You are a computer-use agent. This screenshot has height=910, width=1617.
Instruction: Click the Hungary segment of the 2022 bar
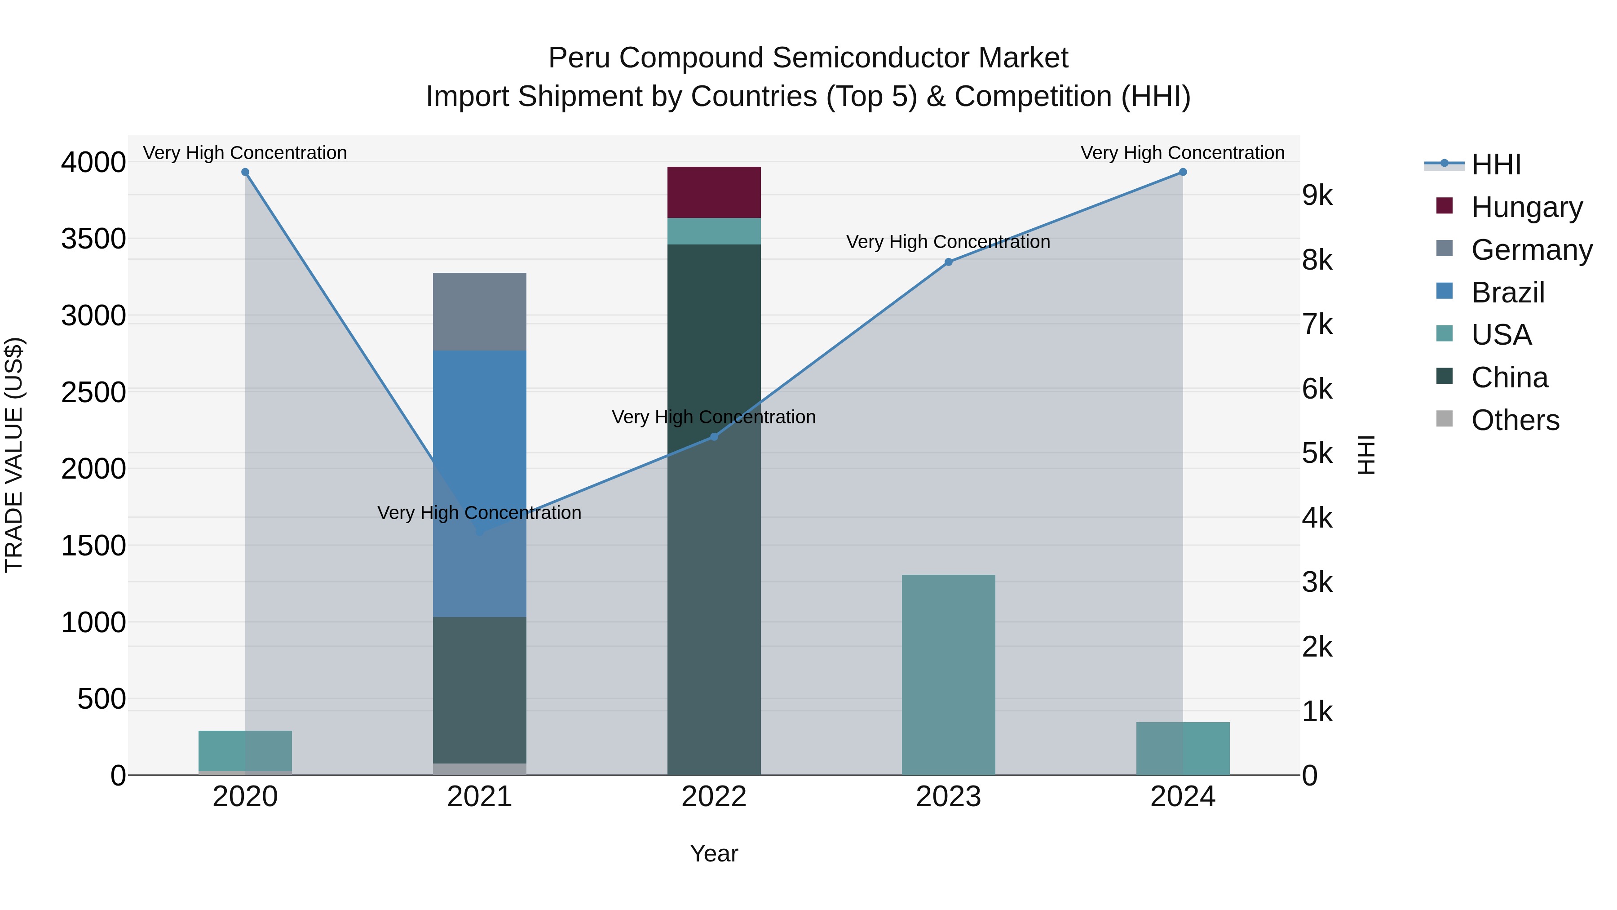714,192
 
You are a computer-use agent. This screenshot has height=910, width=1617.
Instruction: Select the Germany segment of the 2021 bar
480,311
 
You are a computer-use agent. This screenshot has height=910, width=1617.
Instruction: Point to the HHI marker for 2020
245,172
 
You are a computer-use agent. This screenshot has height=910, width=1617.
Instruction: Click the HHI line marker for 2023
949,262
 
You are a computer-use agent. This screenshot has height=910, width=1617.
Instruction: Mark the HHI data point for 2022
714,436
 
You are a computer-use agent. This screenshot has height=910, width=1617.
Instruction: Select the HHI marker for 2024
1183,172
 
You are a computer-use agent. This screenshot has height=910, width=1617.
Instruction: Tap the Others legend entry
1515,420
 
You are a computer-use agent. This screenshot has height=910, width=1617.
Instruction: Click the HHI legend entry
1496,164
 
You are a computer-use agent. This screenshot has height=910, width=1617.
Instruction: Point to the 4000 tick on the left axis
93,162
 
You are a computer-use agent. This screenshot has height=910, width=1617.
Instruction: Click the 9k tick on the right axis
1317,196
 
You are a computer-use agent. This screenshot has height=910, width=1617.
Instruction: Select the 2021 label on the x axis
480,797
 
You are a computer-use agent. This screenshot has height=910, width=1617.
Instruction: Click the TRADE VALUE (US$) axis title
14,455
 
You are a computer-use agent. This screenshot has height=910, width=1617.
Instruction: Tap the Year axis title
714,853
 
